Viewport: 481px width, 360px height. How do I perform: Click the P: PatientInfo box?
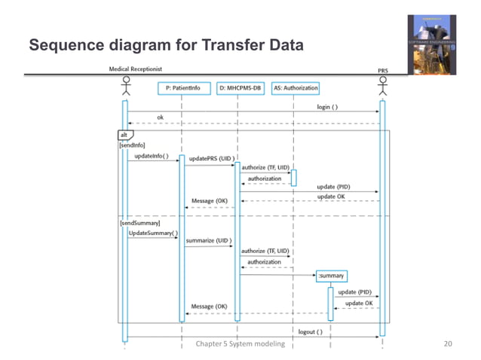[x=183, y=88]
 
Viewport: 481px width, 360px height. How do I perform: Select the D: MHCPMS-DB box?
[x=240, y=88]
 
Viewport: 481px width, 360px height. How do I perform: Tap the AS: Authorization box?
[x=295, y=88]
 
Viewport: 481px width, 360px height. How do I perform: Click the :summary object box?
[x=331, y=276]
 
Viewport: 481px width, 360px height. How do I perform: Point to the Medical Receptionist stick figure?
[x=126, y=83]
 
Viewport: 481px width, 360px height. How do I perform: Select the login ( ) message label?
[x=326, y=107]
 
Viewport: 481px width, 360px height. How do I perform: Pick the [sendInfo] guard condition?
[x=132, y=145]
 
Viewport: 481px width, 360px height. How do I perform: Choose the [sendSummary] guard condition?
[x=139, y=224]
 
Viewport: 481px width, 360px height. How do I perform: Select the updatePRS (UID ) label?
[x=210, y=159]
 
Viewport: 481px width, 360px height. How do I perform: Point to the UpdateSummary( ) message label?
[x=153, y=233]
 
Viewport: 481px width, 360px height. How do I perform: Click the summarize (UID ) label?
[x=208, y=241]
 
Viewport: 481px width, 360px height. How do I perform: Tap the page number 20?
[x=449, y=344]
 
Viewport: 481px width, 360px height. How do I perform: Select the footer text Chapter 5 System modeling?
[x=240, y=344]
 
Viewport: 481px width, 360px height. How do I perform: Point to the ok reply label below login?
[x=160, y=117]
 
